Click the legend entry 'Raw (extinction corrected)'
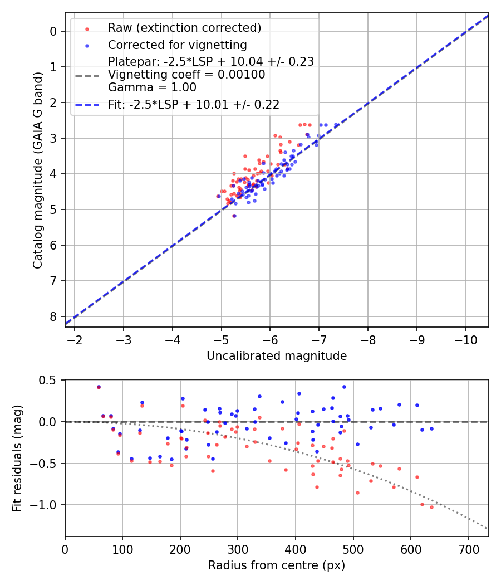point(184,27)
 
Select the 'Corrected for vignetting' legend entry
point(177,45)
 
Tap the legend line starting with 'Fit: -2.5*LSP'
point(194,104)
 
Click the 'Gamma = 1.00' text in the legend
point(152,87)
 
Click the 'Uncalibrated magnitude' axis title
point(277,355)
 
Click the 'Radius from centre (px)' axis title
point(277,565)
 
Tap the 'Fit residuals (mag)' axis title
point(17,458)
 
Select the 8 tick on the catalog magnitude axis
point(54,316)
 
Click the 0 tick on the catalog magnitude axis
point(54,31)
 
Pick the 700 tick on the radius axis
point(468,548)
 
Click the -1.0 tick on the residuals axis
point(47,505)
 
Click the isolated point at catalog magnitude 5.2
point(234,216)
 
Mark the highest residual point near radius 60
point(99,387)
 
